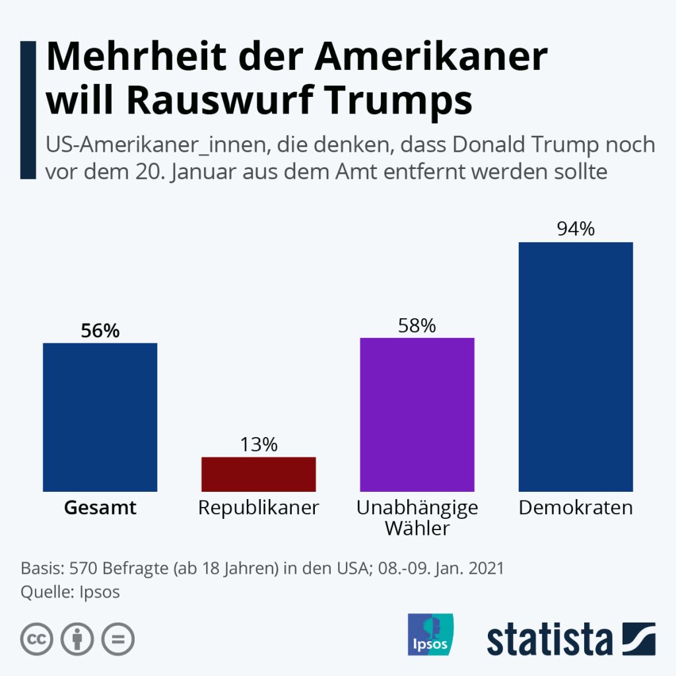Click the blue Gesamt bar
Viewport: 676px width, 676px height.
click(x=100, y=417)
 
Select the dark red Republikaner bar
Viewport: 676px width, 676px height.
click(x=258, y=473)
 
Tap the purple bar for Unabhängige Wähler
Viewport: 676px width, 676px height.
click(x=417, y=414)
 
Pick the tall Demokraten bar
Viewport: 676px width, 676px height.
click(x=576, y=366)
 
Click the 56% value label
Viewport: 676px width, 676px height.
click(x=100, y=331)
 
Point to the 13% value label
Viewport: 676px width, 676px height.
click(x=258, y=445)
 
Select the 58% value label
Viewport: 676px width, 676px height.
click(x=417, y=325)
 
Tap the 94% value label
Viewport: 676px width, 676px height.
click(x=576, y=229)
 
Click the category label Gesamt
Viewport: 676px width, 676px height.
click(x=100, y=508)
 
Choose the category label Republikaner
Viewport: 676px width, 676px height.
click(x=258, y=508)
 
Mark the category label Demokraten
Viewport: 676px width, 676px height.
click(x=576, y=508)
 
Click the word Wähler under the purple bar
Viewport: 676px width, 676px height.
click(x=417, y=528)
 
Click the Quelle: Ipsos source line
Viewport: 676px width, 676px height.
click(x=70, y=591)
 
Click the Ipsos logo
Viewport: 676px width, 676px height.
click(x=430, y=634)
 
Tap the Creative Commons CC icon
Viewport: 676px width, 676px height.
click(x=37, y=638)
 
